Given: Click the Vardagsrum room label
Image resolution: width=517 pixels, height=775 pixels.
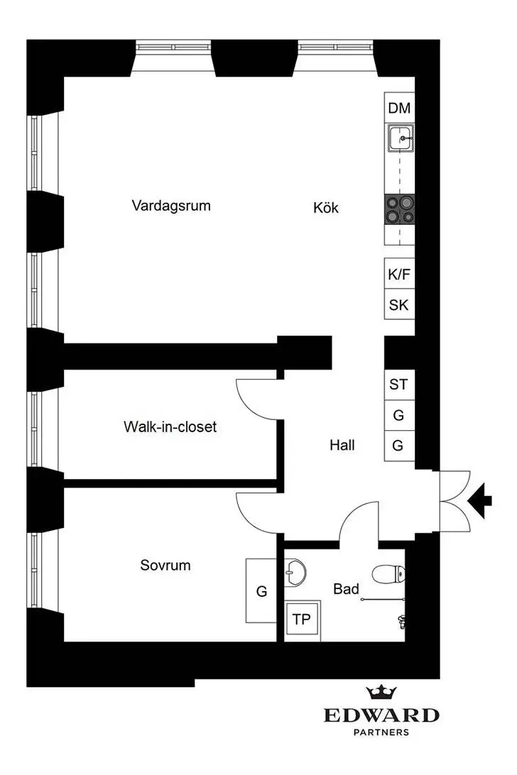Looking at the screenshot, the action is coord(171,206).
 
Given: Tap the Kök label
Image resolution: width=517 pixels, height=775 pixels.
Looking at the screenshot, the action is coord(326,207).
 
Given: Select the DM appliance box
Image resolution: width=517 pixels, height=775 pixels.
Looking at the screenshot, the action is coord(399,108).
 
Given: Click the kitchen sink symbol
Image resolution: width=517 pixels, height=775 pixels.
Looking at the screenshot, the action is coord(401,138).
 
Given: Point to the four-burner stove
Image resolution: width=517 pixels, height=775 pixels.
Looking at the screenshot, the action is coord(399,209).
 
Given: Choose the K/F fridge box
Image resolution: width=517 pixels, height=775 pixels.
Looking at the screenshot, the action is coord(399,273).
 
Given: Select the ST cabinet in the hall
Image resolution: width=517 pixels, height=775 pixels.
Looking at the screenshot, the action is coord(399,385).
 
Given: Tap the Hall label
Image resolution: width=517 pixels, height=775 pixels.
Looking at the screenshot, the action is coord(342,445).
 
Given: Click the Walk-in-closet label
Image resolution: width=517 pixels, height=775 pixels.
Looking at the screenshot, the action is coord(170,427).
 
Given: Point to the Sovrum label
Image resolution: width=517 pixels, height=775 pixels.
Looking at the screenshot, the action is coord(165,565).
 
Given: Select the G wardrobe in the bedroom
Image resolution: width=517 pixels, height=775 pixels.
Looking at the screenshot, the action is coord(261,590).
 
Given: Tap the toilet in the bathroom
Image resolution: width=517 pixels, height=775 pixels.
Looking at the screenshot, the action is coord(389,574).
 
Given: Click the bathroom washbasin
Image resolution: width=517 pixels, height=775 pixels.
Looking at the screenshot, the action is coord(295,573).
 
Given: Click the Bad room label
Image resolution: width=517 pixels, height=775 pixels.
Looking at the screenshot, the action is coord(346,588).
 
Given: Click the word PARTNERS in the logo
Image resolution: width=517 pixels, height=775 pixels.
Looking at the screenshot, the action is coord(381,732).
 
